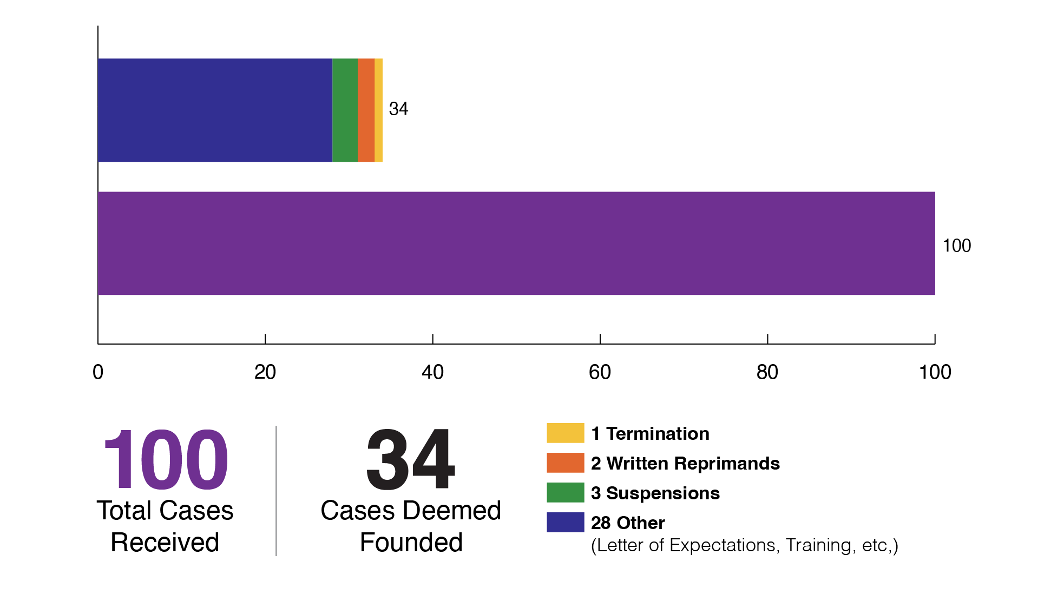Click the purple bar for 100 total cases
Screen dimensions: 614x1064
(516, 243)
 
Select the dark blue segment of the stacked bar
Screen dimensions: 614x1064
(215, 110)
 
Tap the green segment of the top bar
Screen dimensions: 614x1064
(345, 110)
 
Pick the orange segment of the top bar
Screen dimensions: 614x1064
(366, 110)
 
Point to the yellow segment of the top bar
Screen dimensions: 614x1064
(379, 110)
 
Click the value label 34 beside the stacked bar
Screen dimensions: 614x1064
(398, 109)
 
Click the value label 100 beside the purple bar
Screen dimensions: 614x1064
(956, 246)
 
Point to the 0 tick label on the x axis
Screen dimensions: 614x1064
(98, 372)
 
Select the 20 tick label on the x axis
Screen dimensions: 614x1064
(265, 372)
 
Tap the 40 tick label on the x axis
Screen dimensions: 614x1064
(432, 372)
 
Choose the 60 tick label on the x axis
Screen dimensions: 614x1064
(600, 372)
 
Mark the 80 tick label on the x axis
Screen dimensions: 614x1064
(767, 372)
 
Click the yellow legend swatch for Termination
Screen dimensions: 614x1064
(565, 433)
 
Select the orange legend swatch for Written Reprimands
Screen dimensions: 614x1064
(565, 463)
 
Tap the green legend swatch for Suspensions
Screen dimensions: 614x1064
(565, 492)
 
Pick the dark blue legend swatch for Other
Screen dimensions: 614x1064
(565, 522)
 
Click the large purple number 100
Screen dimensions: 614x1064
(166, 460)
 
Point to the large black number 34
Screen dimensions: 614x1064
(410, 460)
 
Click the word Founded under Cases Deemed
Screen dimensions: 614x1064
(411, 543)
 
